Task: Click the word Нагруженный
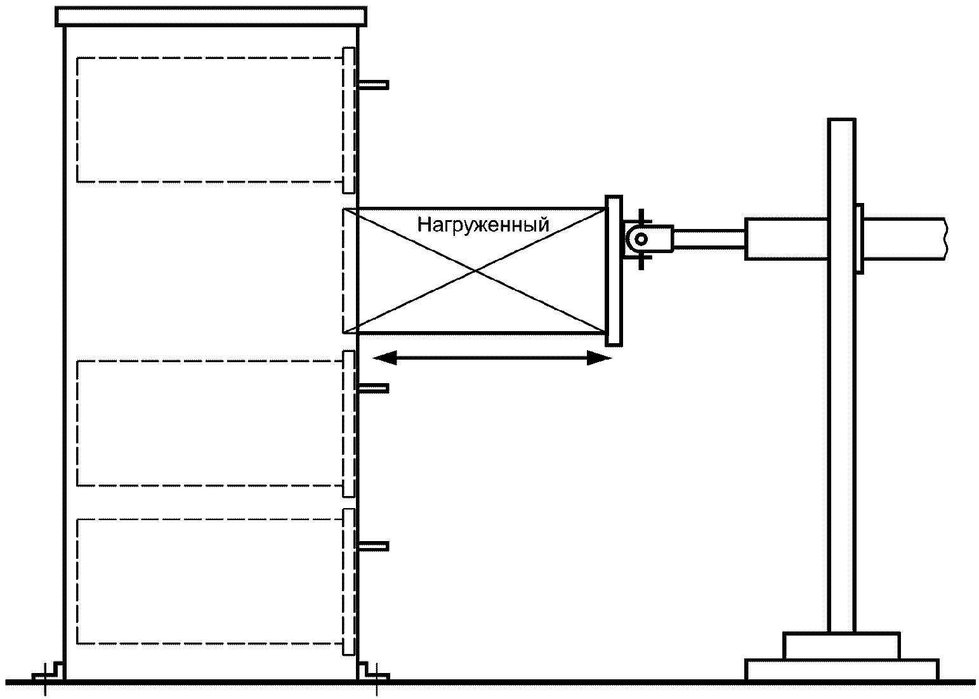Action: pyautogui.click(x=482, y=225)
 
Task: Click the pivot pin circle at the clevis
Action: pyautogui.click(x=641, y=239)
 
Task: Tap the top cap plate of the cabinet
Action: pyautogui.click(x=211, y=16)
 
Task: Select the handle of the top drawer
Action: pyautogui.click(x=374, y=84)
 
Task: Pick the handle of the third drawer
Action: pyautogui.click(x=374, y=387)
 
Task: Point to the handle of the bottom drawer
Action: pyautogui.click(x=374, y=545)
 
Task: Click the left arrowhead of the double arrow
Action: pyautogui.click(x=384, y=358)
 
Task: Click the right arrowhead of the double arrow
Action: pyautogui.click(x=599, y=358)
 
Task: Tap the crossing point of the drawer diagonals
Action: pyautogui.click(x=476, y=271)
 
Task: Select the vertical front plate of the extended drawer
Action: pyautogui.click(x=614, y=271)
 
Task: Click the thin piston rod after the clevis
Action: pyautogui.click(x=708, y=239)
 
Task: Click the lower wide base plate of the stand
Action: pyautogui.click(x=841, y=669)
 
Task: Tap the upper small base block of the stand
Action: pyautogui.click(x=841, y=645)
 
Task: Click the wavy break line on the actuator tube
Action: pyautogui.click(x=945, y=238)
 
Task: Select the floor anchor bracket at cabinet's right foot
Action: pyautogui.click(x=371, y=672)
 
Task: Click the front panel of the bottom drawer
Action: pyautogui.click(x=348, y=582)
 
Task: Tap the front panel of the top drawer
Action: pyautogui.click(x=348, y=120)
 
